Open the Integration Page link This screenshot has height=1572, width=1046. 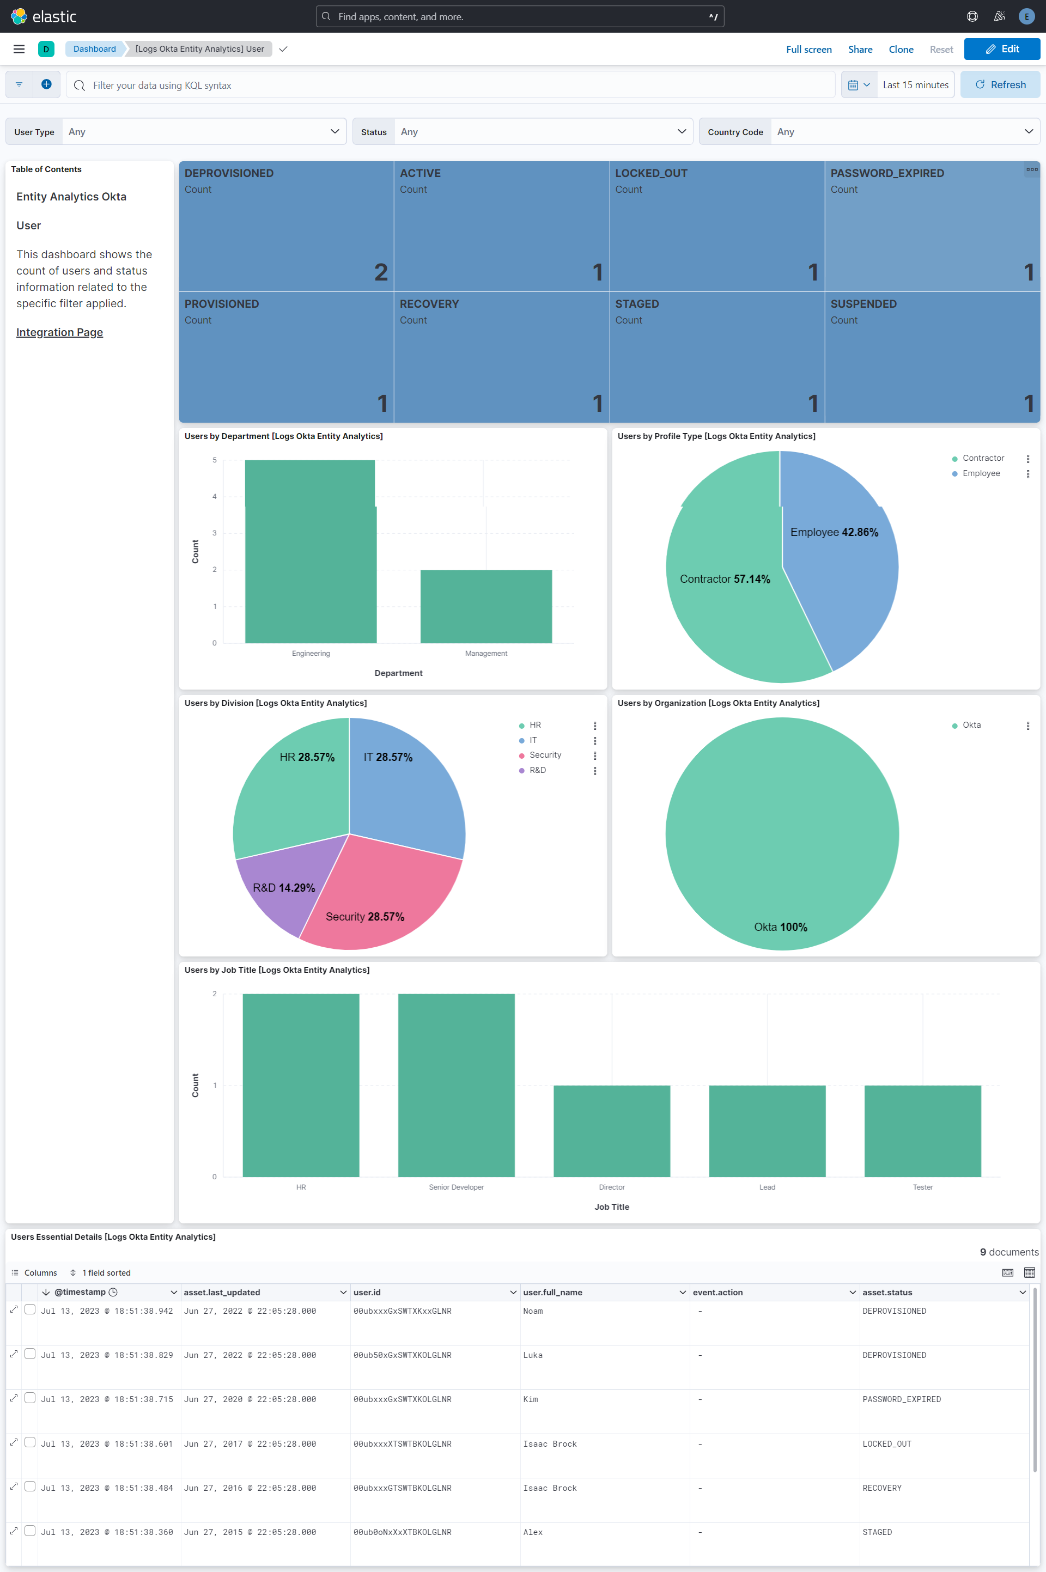point(59,332)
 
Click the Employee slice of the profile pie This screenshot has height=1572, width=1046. point(841,567)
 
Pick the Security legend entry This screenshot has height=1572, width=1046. point(544,755)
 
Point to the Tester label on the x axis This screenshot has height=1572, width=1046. point(922,1187)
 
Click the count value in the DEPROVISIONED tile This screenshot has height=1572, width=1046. point(380,272)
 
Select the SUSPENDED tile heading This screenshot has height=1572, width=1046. point(862,304)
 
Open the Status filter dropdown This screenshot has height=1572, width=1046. point(522,132)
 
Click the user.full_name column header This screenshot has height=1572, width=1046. point(552,1292)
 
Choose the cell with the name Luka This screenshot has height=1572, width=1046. point(532,1355)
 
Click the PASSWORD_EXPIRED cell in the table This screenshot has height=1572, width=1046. point(901,1399)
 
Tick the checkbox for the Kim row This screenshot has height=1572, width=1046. point(30,1398)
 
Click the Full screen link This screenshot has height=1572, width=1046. point(808,50)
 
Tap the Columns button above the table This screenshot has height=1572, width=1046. point(35,1272)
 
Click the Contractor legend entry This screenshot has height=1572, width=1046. point(983,458)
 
